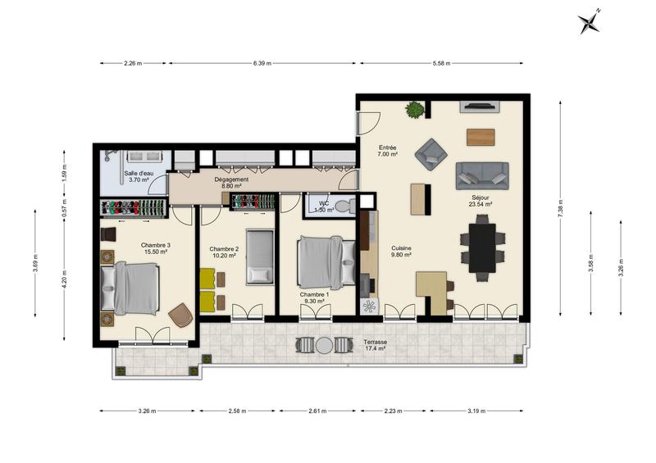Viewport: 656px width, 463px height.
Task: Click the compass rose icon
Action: pos(589,22)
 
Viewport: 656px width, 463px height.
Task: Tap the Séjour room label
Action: pos(481,201)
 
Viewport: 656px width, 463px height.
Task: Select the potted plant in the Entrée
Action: pos(416,109)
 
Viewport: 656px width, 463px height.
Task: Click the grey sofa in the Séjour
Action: pos(482,175)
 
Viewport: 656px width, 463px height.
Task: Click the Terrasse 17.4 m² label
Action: pos(376,345)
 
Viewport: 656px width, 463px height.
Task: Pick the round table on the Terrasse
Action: pos(325,346)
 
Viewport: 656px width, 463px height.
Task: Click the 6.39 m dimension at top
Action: pos(262,63)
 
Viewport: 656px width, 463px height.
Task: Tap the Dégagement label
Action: pos(231,182)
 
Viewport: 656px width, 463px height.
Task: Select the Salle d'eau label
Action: pos(139,177)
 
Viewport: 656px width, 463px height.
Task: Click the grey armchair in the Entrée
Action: pos(430,153)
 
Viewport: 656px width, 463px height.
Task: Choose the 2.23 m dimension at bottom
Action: pos(394,411)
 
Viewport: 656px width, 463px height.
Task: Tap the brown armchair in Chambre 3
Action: pos(181,315)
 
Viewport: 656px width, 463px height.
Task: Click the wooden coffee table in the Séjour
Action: pos(481,137)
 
